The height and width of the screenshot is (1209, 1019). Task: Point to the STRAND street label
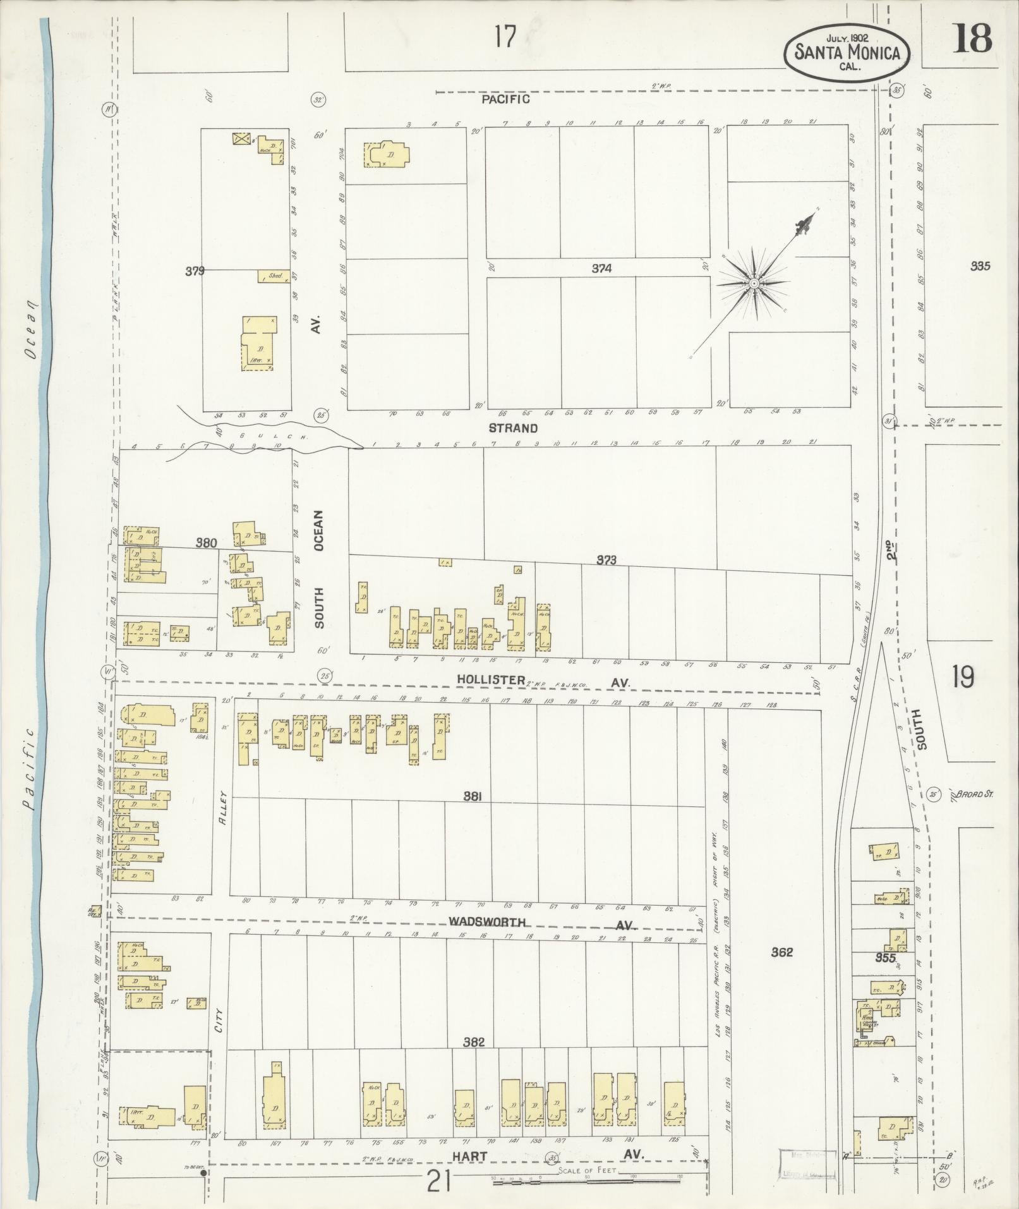[513, 428]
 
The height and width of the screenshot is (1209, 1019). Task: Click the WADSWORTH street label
[486, 922]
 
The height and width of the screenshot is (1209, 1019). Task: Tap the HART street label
[470, 1155]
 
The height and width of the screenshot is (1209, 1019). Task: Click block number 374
[601, 269]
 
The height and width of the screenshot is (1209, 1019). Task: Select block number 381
[473, 798]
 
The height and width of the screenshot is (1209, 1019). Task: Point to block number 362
[781, 952]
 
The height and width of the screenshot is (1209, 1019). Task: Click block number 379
[195, 271]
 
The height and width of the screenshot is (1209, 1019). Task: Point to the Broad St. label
[974, 794]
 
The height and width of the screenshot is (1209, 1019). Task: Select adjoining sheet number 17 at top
[505, 37]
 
